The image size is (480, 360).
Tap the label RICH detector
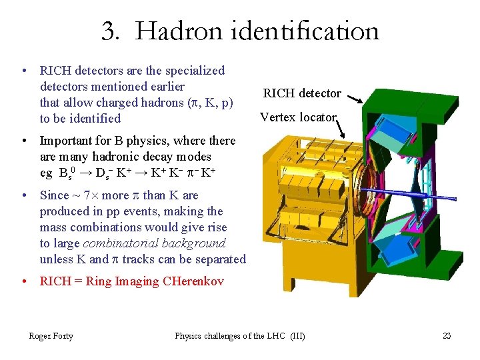click(x=302, y=93)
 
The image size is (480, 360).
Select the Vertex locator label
click(x=298, y=117)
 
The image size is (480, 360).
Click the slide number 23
click(x=447, y=336)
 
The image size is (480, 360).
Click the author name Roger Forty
click(x=51, y=336)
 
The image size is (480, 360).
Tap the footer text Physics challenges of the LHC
click(x=230, y=336)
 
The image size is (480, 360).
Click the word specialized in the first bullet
click(x=195, y=71)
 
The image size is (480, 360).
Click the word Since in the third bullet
click(x=55, y=195)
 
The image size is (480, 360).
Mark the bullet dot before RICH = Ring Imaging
click(x=23, y=281)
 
